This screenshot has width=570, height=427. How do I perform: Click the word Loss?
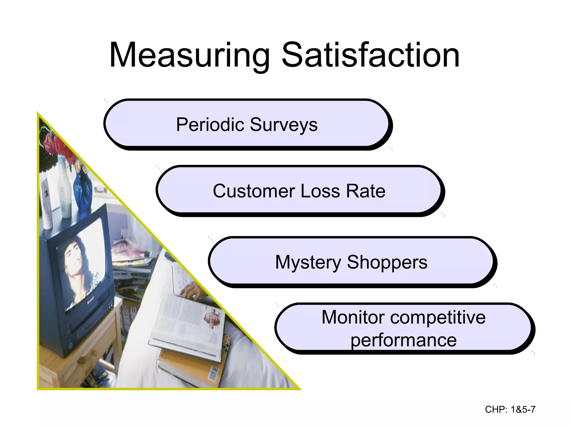tap(320, 191)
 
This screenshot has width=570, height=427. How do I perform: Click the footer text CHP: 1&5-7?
tap(510, 409)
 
